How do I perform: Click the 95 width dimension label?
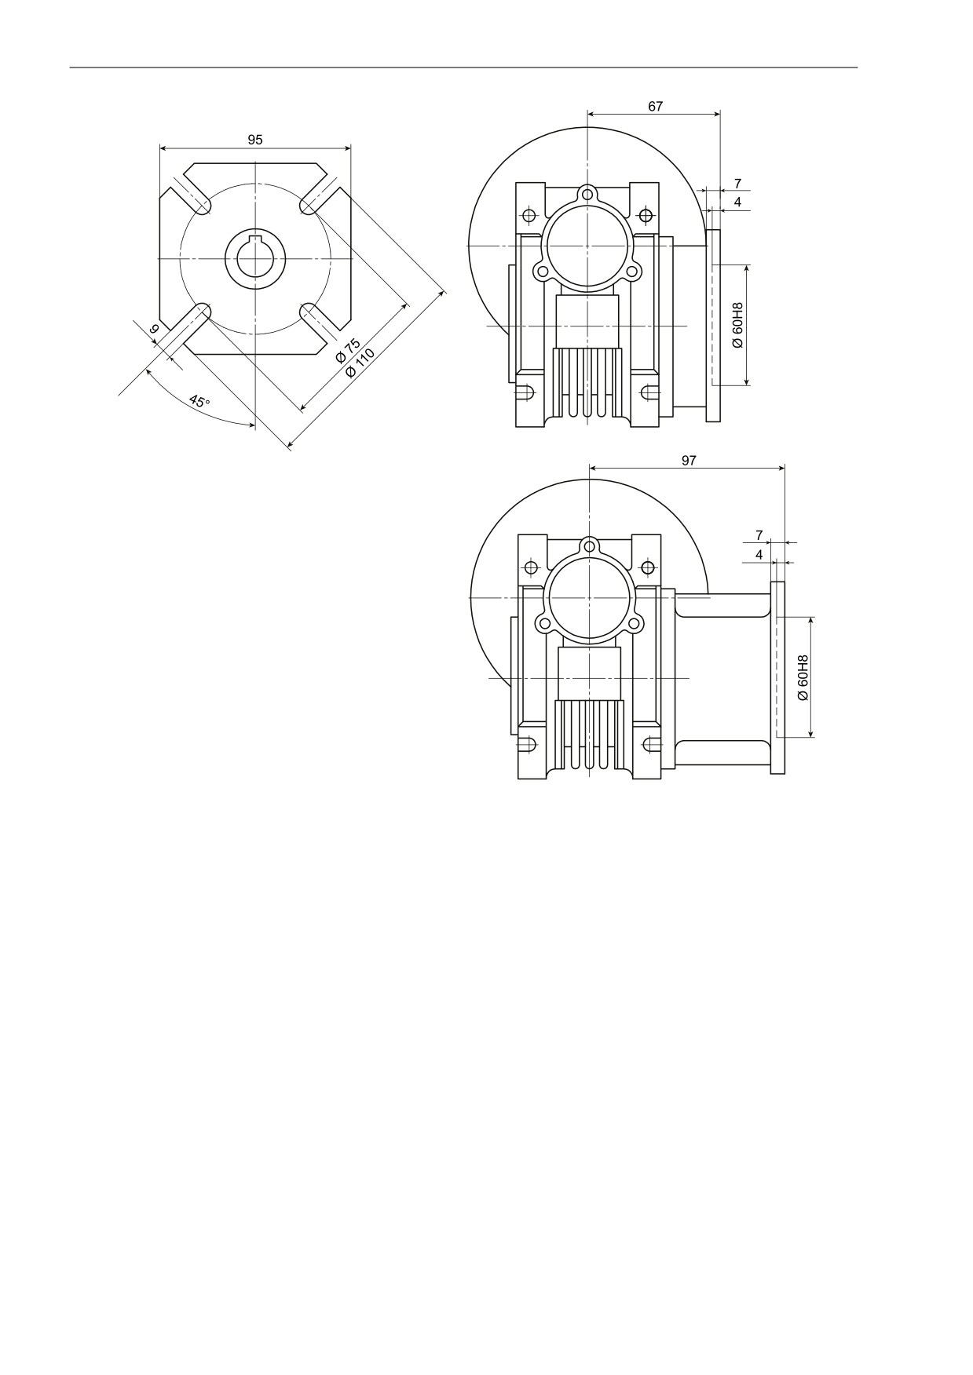[x=255, y=140]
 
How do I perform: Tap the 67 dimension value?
[x=656, y=107]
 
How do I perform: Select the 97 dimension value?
[x=689, y=461]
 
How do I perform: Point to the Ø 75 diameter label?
[x=347, y=350]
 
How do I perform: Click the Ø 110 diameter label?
[x=360, y=361]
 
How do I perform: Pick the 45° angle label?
[x=199, y=401]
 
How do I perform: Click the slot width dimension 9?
[x=154, y=330]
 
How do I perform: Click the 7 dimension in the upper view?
[x=737, y=184]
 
